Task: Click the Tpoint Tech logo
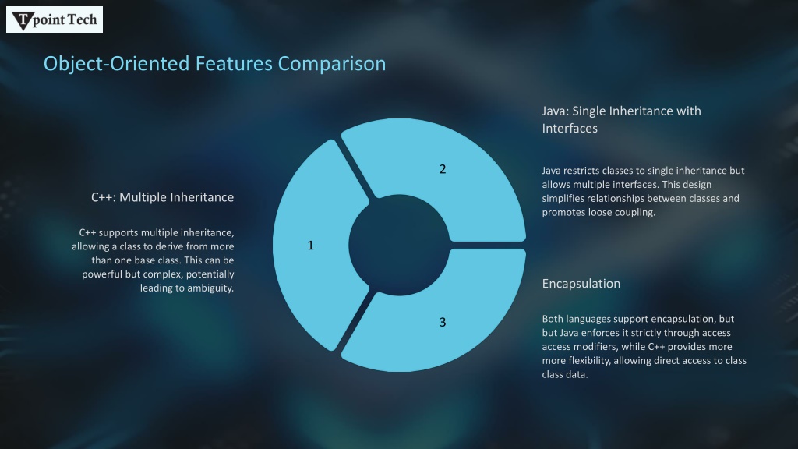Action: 55,19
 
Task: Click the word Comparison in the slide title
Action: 331,64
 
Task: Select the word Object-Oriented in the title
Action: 117,64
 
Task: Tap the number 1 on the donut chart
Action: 310,246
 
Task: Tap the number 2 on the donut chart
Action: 443,169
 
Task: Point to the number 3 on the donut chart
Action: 443,322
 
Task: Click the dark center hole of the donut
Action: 399,245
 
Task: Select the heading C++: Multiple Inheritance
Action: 162,197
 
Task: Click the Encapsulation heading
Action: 581,284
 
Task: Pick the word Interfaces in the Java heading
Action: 570,129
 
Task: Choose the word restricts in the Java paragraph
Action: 579,171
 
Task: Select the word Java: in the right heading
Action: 555,111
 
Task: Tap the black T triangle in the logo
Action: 23,21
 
